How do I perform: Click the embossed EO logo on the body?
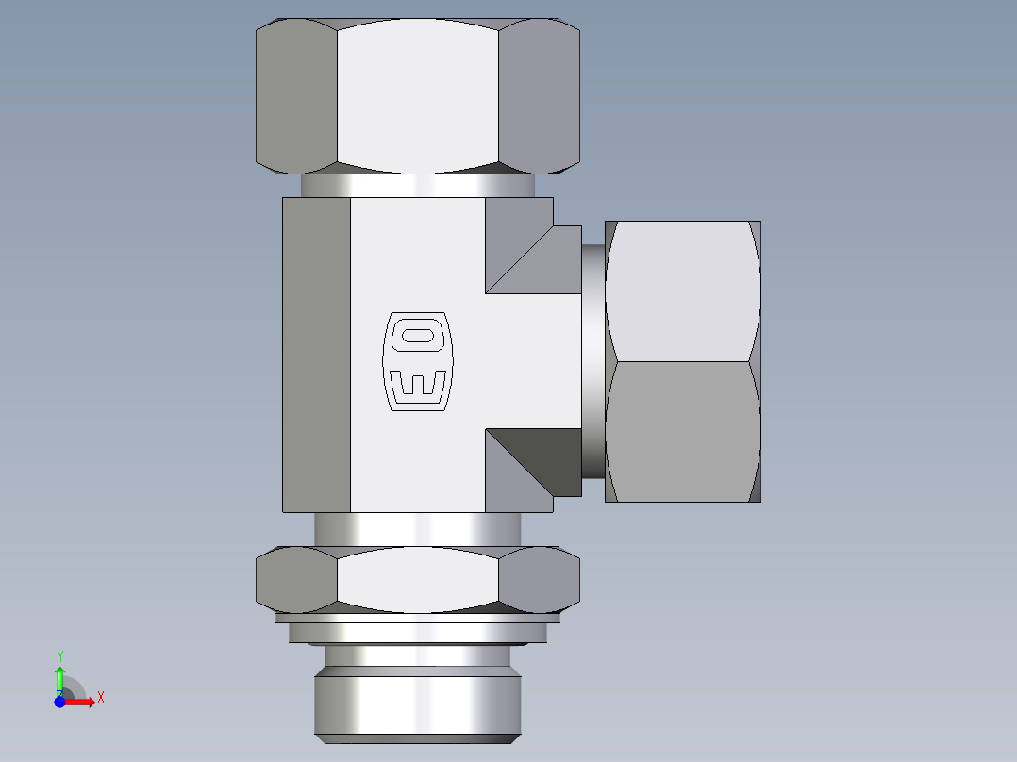coord(417,363)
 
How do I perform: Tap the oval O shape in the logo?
coord(416,335)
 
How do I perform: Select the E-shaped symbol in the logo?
coord(417,385)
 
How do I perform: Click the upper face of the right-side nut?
coord(682,290)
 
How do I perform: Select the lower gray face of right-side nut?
coord(682,431)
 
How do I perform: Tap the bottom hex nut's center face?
coord(417,577)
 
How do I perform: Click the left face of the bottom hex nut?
coord(296,578)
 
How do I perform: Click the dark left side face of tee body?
coord(316,355)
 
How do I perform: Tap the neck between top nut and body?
coord(417,186)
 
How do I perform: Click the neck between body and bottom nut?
coord(417,529)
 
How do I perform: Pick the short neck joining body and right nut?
coord(592,361)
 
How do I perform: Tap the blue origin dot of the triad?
coord(59,702)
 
